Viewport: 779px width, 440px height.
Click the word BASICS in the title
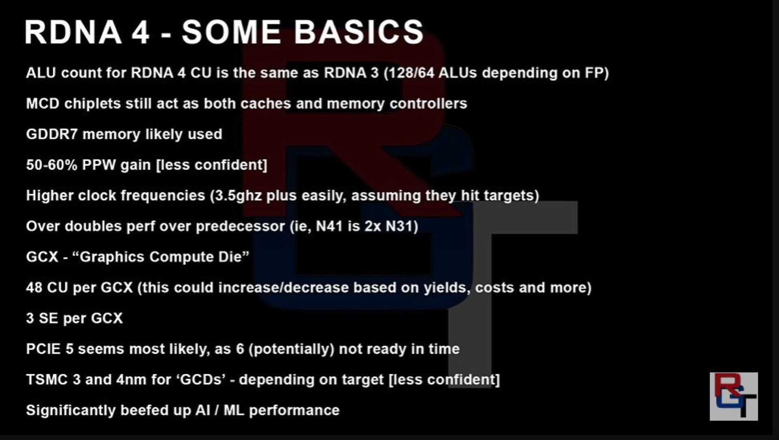[359, 32]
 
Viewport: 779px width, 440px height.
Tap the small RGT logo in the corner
[734, 396]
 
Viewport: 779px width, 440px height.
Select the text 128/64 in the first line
[412, 73]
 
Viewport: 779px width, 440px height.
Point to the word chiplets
[93, 104]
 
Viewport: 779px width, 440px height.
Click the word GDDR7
[52, 134]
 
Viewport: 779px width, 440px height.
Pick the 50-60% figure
[52, 165]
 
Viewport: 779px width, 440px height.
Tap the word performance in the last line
[294, 410]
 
